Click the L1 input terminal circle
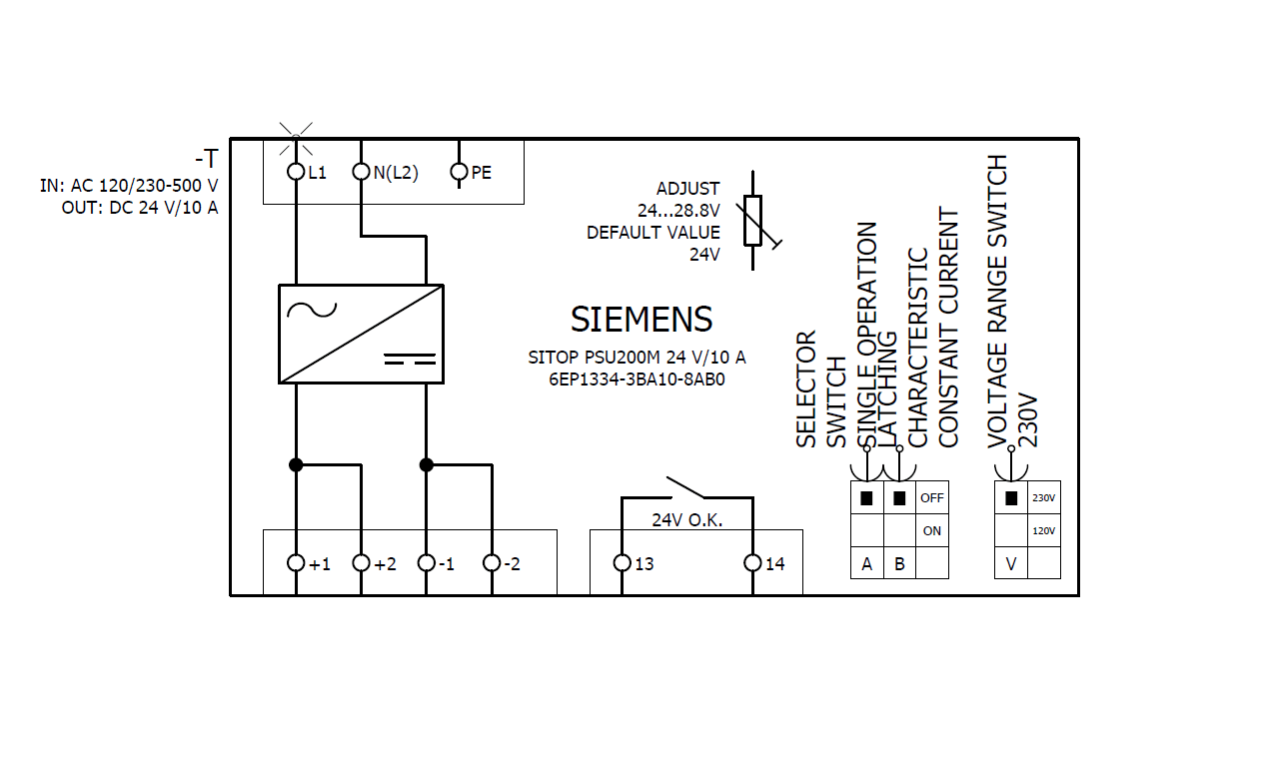point(296,172)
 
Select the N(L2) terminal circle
point(362,172)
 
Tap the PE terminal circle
point(460,172)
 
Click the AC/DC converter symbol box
point(360,334)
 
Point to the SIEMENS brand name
point(641,320)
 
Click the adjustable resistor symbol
point(754,221)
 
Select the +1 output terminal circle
point(296,563)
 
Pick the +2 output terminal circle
point(362,563)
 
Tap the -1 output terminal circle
point(427,563)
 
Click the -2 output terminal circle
point(492,563)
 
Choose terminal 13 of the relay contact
point(622,563)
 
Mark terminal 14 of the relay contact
point(752,563)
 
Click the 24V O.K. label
point(686,520)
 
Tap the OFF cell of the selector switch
point(932,497)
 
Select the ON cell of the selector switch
point(932,530)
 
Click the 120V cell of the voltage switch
point(1043,530)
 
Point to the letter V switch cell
point(1011,563)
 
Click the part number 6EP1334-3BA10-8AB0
point(636,380)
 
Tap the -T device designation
point(206,159)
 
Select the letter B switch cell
point(899,563)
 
